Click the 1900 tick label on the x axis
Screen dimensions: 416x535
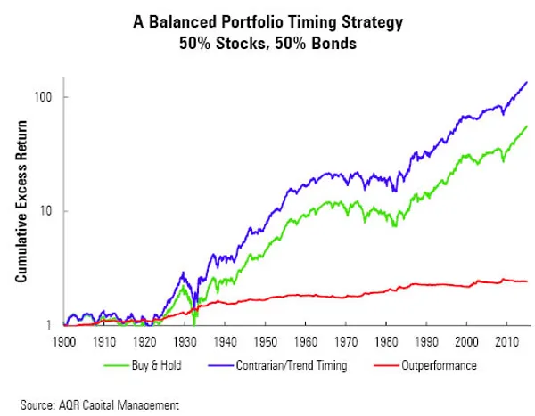pos(63,341)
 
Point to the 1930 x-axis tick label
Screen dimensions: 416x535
pos(186,341)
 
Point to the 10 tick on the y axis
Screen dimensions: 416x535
pos(49,211)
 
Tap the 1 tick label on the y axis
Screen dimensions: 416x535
pos(52,326)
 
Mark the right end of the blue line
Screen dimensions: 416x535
pos(526,82)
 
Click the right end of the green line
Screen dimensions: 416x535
pos(526,126)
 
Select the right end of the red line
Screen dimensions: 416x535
pos(526,281)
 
